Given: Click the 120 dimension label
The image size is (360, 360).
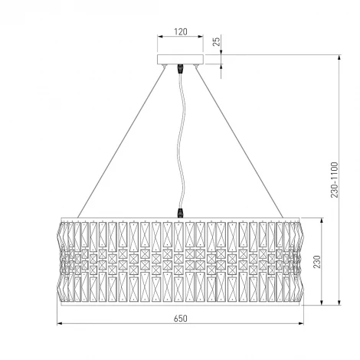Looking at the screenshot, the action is pos(181,31).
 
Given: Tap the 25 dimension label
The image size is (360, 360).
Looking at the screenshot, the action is pos(216,41).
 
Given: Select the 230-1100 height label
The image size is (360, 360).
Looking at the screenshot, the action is pos(334,180).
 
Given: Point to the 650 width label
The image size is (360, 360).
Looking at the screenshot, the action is pos(181,319).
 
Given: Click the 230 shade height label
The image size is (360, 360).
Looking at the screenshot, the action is pos(316,262).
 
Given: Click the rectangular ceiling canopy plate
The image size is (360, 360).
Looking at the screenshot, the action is pos(180,59).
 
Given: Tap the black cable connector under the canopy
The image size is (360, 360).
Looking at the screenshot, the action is pos(181,68).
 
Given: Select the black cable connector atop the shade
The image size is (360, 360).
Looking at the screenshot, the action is pos(181,213).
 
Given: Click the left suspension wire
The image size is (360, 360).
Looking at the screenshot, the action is pos(122,142).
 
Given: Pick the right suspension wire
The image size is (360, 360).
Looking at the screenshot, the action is pos(240,142).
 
